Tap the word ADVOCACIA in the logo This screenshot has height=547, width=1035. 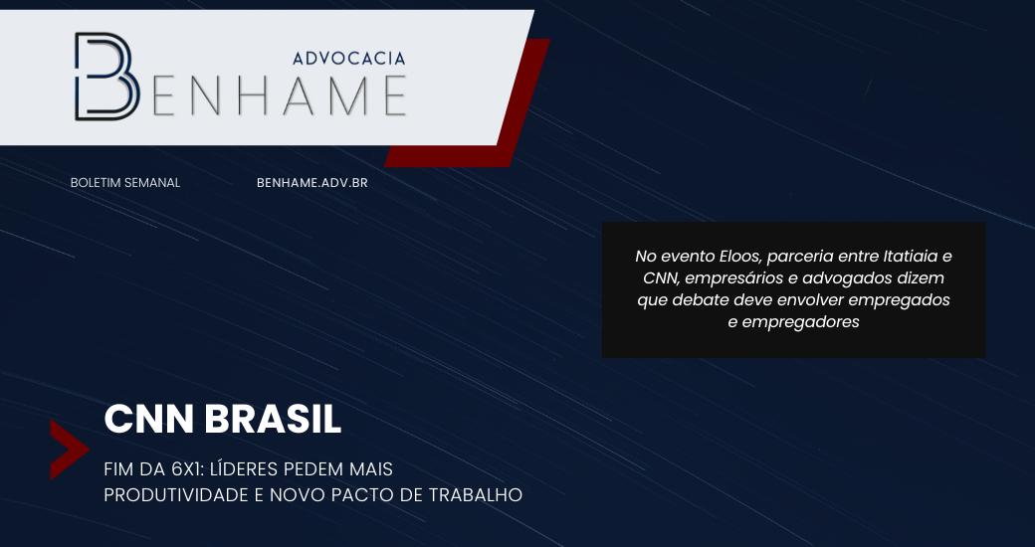coord(348,59)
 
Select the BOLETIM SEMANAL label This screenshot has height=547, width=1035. coord(125,183)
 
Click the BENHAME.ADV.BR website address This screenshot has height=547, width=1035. coord(312,183)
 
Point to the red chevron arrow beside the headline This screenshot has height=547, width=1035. coord(68,450)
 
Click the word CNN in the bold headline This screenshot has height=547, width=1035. coord(149,419)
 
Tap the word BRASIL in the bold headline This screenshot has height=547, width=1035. coord(273,419)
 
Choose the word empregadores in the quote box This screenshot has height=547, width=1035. coord(801,322)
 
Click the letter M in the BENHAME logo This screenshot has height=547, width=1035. coord(345,95)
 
